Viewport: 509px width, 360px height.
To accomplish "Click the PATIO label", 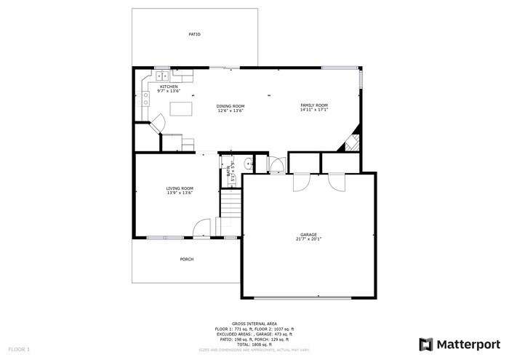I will (194, 34).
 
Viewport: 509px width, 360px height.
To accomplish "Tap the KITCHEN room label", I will (168, 87).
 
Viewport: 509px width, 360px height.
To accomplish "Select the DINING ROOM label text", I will (231, 106).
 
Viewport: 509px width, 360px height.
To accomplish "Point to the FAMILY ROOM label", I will (314, 105).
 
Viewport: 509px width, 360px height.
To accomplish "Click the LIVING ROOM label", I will (180, 188).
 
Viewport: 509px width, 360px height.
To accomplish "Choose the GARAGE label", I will (308, 234).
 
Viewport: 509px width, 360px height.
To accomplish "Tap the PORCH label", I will (187, 259).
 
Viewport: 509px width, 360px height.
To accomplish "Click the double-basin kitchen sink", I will (162, 75).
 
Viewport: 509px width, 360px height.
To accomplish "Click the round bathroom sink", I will (247, 163).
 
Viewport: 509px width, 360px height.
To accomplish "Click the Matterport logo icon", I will (426, 344).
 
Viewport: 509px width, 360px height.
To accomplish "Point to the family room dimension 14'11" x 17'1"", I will (314, 111).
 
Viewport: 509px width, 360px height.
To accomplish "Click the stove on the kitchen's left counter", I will (145, 93).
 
